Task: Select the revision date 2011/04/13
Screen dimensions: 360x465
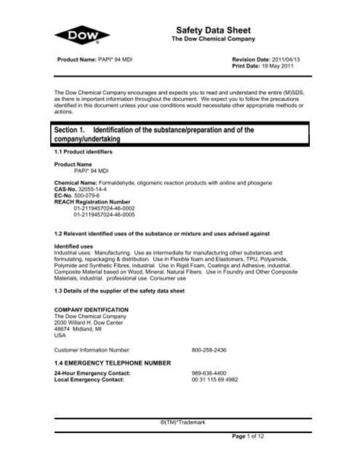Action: tap(289, 59)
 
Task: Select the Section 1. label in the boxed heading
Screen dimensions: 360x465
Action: tap(76, 131)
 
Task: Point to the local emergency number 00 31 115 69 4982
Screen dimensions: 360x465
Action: tap(215, 379)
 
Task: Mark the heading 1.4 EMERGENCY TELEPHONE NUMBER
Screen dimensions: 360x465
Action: tap(112, 364)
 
